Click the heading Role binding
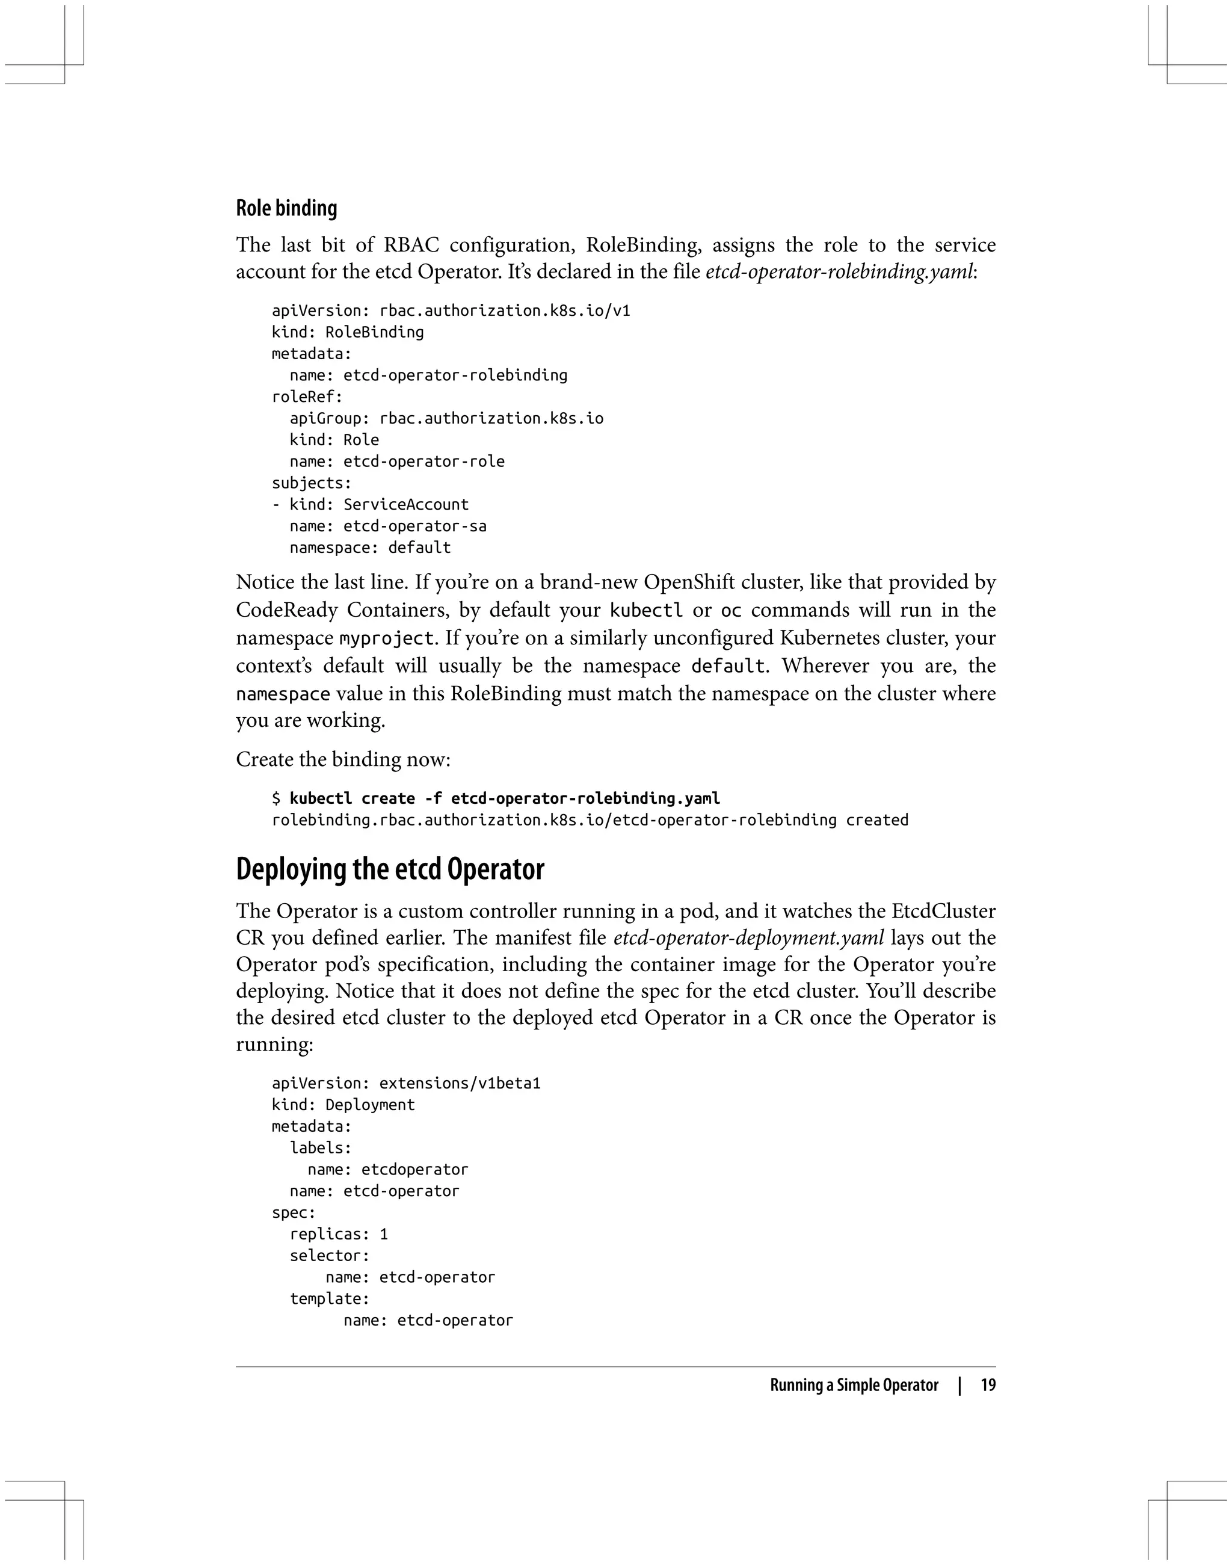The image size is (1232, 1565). point(286,209)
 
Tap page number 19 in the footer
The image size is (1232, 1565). point(988,1385)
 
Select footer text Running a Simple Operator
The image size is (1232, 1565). point(854,1385)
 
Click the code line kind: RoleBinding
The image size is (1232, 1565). point(348,332)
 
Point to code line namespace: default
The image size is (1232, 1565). point(370,548)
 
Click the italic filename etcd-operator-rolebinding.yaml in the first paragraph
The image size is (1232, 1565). point(839,272)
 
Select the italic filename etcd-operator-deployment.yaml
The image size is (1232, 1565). point(748,938)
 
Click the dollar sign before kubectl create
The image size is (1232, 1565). point(276,798)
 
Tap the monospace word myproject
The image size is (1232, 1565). point(387,638)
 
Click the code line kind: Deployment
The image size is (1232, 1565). point(343,1105)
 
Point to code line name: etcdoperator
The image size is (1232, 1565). point(388,1170)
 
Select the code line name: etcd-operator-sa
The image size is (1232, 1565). point(388,526)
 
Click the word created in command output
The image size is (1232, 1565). point(877,820)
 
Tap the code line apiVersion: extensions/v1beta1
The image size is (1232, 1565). point(406,1083)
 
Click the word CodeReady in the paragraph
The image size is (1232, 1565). point(286,610)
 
